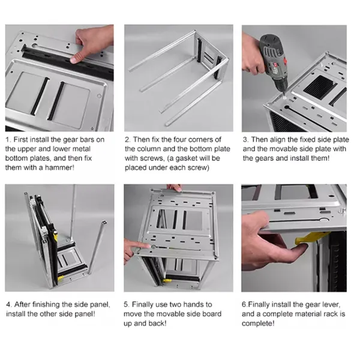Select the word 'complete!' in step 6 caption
click(x=259, y=323)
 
